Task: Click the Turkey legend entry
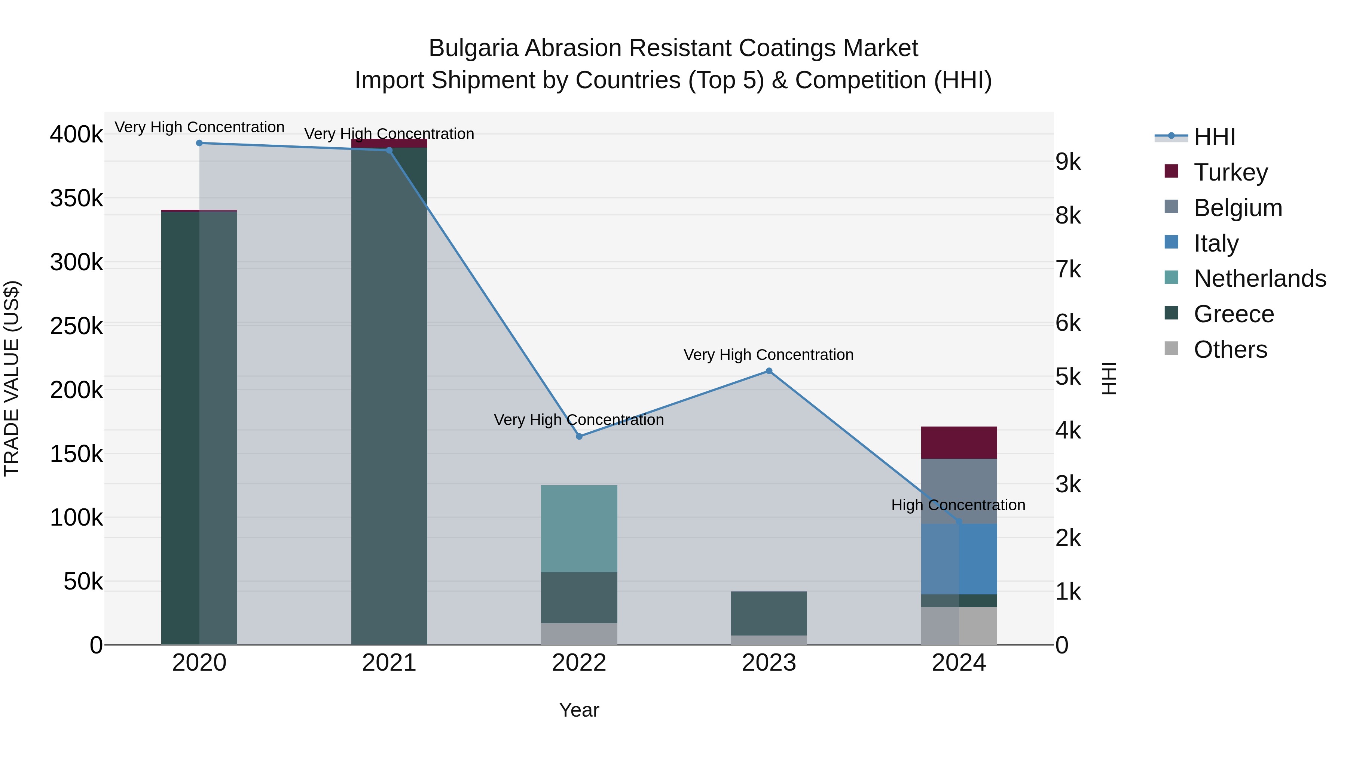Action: coord(1230,172)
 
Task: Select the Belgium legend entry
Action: coord(1237,208)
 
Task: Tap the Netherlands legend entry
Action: coord(1259,279)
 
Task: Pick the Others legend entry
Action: coord(1230,350)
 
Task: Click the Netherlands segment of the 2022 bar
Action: coord(579,529)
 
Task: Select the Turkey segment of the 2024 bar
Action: coord(959,443)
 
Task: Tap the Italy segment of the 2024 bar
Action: coord(959,559)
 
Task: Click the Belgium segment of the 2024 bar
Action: coord(959,491)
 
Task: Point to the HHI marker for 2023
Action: coord(769,371)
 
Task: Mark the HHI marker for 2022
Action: coord(579,436)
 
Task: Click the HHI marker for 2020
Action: coord(199,143)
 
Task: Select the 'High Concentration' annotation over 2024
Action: coord(958,505)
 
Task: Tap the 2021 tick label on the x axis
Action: coord(389,663)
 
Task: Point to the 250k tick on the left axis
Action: coord(76,326)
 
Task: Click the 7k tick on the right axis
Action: coord(1068,270)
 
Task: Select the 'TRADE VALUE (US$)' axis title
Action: coord(12,378)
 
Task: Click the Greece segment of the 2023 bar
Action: coord(769,613)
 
